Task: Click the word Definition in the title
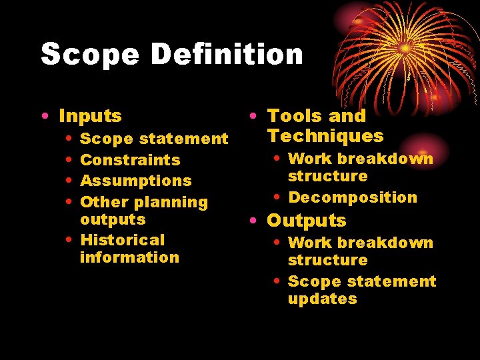[x=227, y=54]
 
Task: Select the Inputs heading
[x=90, y=116]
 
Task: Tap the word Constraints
[x=130, y=160]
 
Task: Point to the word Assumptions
[x=135, y=181]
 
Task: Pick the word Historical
[x=122, y=240]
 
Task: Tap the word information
[x=129, y=257]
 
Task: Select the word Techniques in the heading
[x=325, y=136]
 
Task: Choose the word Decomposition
[x=353, y=197]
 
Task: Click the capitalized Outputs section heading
[x=307, y=221]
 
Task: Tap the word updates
[x=322, y=299]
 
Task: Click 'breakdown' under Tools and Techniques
[x=388, y=159]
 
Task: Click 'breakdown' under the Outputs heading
[x=388, y=243]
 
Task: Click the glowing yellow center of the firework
[x=405, y=48]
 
